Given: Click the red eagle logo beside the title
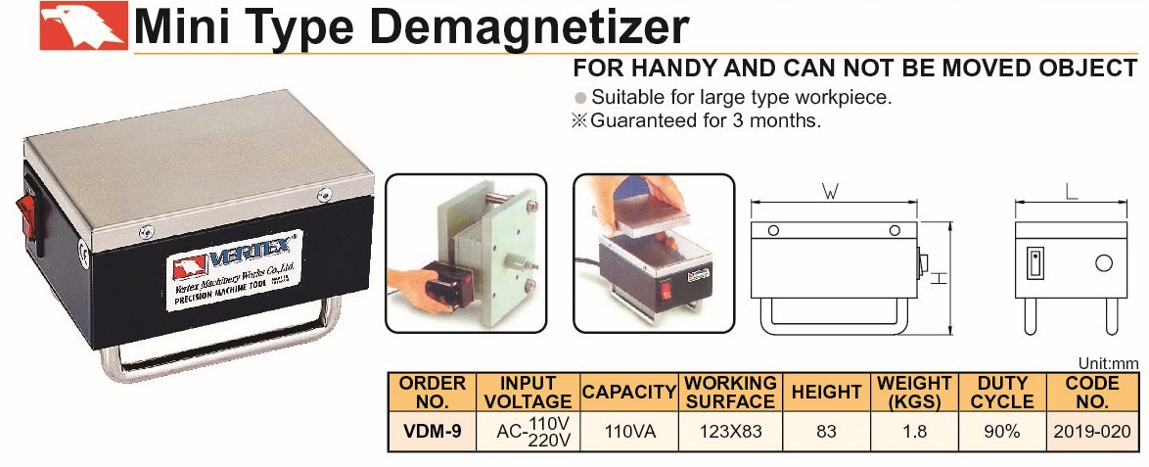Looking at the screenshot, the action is (x=83, y=26).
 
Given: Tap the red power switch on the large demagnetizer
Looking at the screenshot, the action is (x=30, y=217).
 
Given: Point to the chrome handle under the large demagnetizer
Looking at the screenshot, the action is (x=220, y=345).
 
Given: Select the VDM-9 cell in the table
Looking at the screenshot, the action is (x=432, y=431).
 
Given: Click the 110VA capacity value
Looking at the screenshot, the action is (x=630, y=432).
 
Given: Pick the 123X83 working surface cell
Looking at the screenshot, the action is (x=730, y=432).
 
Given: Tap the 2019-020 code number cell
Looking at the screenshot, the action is (x=1092, y=432).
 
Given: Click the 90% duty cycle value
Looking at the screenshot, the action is (x=1002, y=432).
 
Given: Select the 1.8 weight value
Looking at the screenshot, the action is (x=914, y=432).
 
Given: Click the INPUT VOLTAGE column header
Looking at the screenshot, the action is (x=528, y=393).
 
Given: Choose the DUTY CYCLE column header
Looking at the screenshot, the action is (x=1002, y=393).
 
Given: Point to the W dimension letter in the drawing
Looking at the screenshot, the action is (x=830, y=192).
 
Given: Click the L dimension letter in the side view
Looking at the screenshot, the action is (x=1072, y=192).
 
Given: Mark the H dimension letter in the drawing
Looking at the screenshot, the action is (x=941, y=278).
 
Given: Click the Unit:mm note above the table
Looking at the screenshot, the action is (x=1109, y=363).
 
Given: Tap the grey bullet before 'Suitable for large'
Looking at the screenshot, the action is (x=580, y=98).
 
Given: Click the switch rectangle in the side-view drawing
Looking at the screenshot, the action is (x=1034, y=262).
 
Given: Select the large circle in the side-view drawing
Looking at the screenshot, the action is (x=1104, y=262).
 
